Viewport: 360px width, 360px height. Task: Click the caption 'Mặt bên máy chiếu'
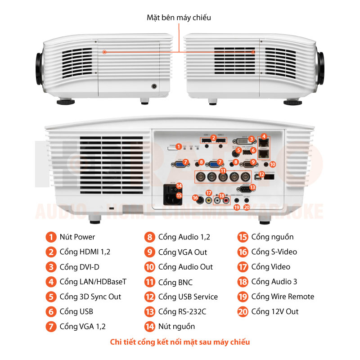click(179, 18)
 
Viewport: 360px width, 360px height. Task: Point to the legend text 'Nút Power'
click(77, 237)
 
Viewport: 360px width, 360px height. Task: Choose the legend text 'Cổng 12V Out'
click(274, 311)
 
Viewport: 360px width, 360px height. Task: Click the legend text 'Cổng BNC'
click(175, 282)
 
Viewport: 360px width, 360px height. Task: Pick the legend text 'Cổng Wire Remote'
click(283, 297)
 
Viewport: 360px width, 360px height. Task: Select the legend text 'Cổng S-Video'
click(274, 252)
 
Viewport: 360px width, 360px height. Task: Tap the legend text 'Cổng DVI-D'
click(79, 267)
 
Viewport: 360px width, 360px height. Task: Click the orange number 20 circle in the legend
click(243, 311)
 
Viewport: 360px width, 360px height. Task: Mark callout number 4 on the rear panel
click(264, 136)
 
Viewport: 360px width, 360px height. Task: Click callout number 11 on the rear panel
click(223, 171)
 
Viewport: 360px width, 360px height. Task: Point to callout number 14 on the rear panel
click(179, 185)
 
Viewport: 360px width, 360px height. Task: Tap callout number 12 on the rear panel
click(261, 174)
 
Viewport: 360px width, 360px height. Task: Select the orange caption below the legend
click(180, 342)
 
